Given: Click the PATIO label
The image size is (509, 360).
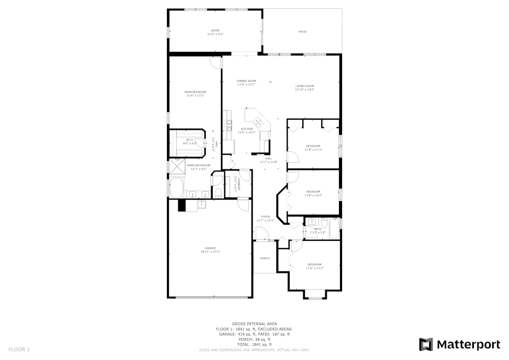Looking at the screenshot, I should tap(302, 32).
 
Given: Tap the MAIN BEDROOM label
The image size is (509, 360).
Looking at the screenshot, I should tap(195, 92).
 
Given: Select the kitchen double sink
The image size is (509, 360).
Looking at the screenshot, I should tap(258, 121).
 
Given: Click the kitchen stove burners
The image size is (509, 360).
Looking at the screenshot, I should tap(227, 125).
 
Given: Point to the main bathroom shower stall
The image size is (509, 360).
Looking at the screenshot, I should tap(177, 166).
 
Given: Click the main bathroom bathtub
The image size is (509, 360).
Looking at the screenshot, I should tap(177, 188).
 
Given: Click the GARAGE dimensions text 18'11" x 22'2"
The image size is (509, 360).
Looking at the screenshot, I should tap(210, 252).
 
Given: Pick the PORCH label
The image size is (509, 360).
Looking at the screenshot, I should tap(265, 258).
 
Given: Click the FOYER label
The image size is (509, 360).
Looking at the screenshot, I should tap(265, 217).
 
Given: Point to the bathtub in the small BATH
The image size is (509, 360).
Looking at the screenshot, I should tap(334, 228).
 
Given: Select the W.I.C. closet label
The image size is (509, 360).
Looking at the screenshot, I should tap(190, 140).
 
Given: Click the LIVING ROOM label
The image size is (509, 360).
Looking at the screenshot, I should tap(304, 86).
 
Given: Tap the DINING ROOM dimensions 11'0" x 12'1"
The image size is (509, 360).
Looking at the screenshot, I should tap(246, 85).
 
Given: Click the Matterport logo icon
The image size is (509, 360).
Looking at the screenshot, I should tap(426, 344).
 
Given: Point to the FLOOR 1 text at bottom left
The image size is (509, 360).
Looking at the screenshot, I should tap(19, 349).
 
